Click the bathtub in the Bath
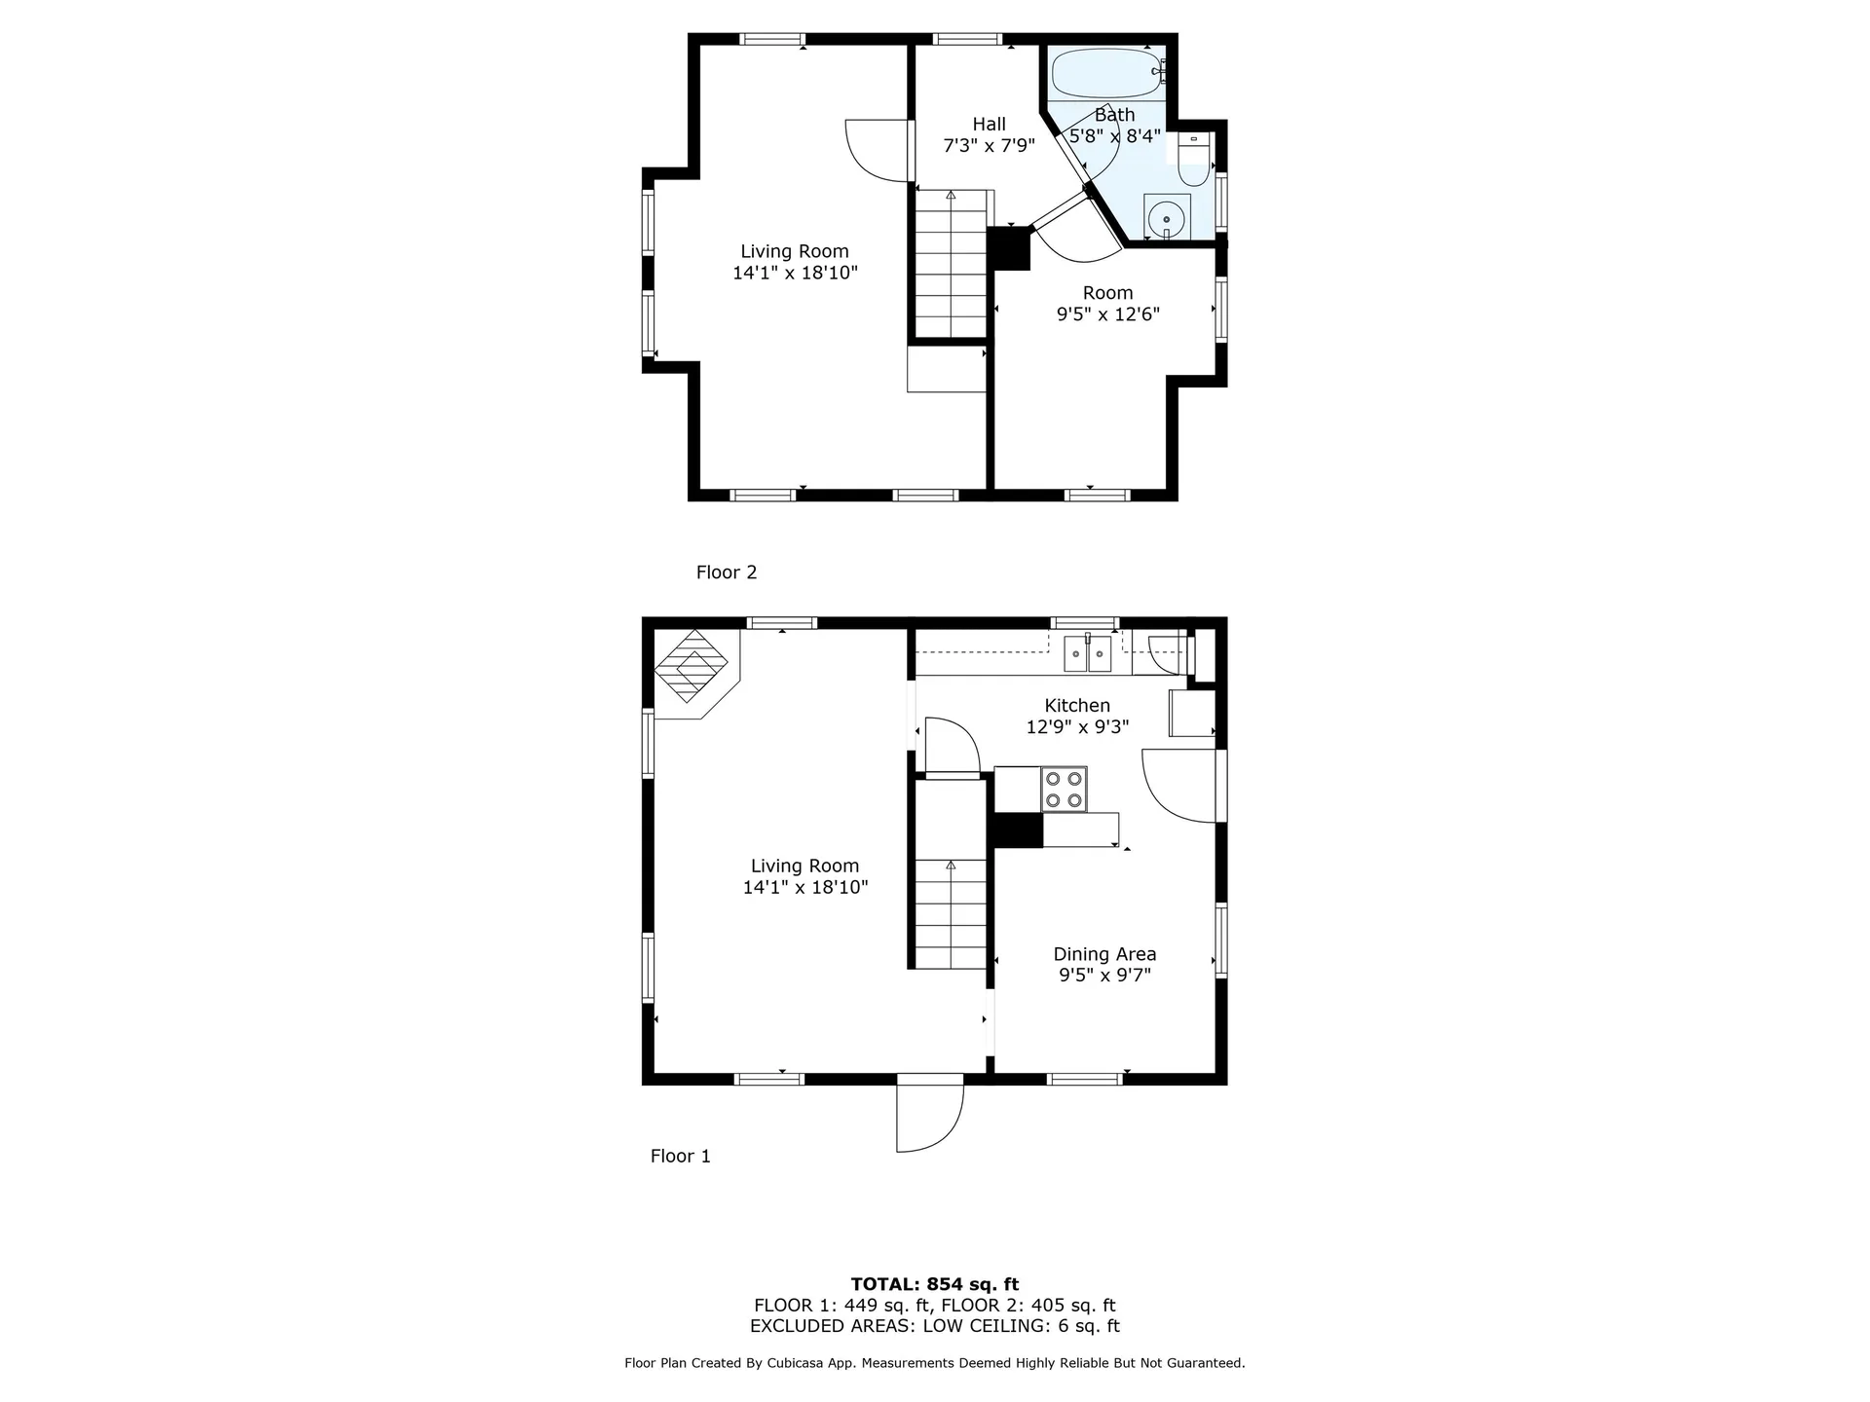pos(1107,73)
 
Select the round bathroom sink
pos(1167,219)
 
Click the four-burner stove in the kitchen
pos(1064,789)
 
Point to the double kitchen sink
pos(1087,653)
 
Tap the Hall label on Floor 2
pos(989,124)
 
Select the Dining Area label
pos(1104,954)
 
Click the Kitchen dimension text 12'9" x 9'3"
pos(1077,727)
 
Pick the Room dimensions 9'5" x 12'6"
pos(1107,314)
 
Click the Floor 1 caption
pos(680,1156)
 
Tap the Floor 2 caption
pos(726,572)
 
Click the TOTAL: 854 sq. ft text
pos(934,1284)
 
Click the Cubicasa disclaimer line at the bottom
pos(934,1363)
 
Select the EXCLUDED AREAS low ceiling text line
pos(934,1326)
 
